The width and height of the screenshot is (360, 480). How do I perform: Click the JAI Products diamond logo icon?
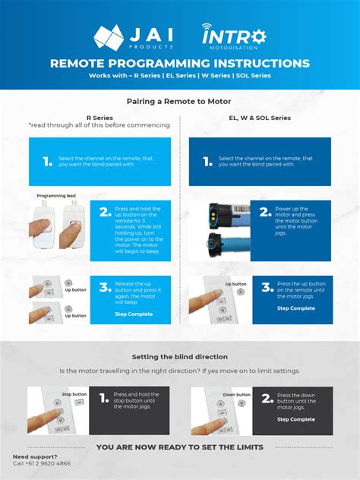[x=108, y=37]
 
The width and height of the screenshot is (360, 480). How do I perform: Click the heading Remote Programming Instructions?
[x=180, y=64]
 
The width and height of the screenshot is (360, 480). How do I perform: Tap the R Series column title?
[x=99, y=118]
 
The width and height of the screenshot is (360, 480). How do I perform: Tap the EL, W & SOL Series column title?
[x=260, y=118]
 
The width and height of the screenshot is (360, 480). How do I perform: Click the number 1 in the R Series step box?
[x=48, y=161]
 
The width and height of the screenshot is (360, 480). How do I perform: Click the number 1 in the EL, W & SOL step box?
[x=207, y=161]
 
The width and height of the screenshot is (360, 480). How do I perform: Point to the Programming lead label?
[x=56, y=195]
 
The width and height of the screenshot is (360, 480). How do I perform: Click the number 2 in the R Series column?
[x=105, y=213]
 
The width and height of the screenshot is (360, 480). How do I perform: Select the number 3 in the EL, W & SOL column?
[x=266, y=287]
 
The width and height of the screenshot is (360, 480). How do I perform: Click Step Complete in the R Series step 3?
[x=134, y=314]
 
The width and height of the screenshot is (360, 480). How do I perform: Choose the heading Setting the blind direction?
[x=179, y=356]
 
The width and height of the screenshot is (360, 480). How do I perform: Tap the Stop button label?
[x=74, y=394]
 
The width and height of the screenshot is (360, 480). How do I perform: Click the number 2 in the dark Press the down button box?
[x=266, y=398]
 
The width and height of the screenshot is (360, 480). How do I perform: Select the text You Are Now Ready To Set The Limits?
[x=179, y=447]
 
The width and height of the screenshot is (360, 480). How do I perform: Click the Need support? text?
[x=35, y=456]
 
